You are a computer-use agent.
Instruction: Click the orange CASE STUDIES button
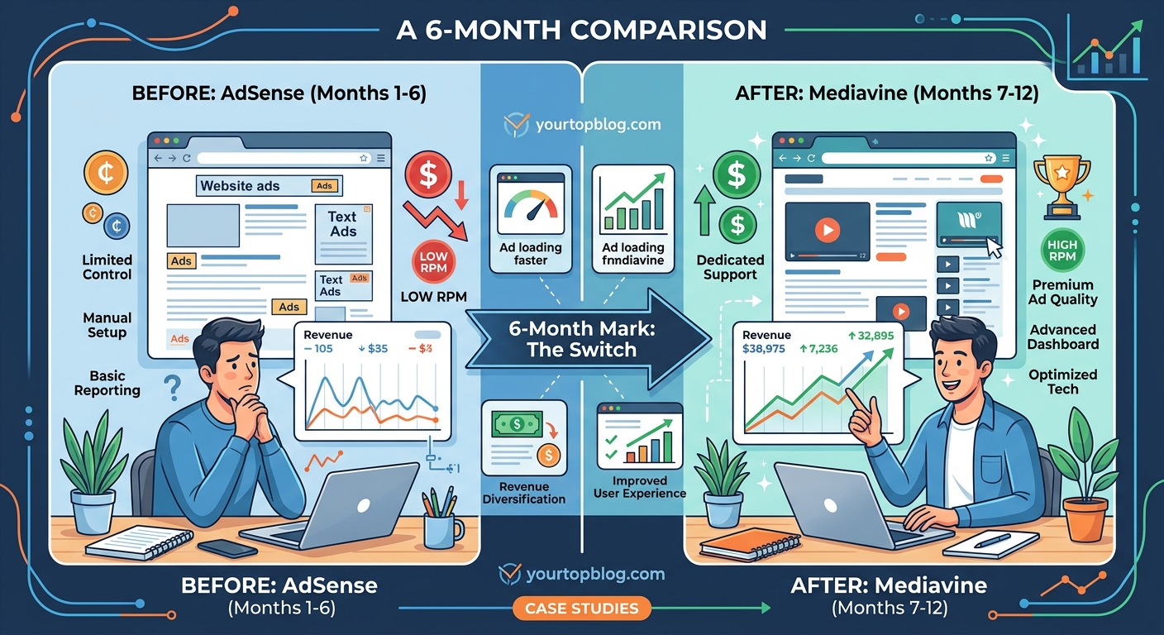coord(581,609)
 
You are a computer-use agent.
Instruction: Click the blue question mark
coord(173,387)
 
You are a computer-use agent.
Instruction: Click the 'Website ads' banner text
coord(241,186)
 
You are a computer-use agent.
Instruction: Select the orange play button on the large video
coord(827,230)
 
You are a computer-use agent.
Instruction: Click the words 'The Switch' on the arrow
coord(582,349)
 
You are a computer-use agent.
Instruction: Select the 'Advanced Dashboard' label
coord(1063,337)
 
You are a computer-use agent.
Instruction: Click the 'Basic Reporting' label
coord(107,384)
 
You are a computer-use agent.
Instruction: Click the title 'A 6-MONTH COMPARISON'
coord(582,31)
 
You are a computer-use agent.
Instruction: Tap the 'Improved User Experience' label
coord(639,487)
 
